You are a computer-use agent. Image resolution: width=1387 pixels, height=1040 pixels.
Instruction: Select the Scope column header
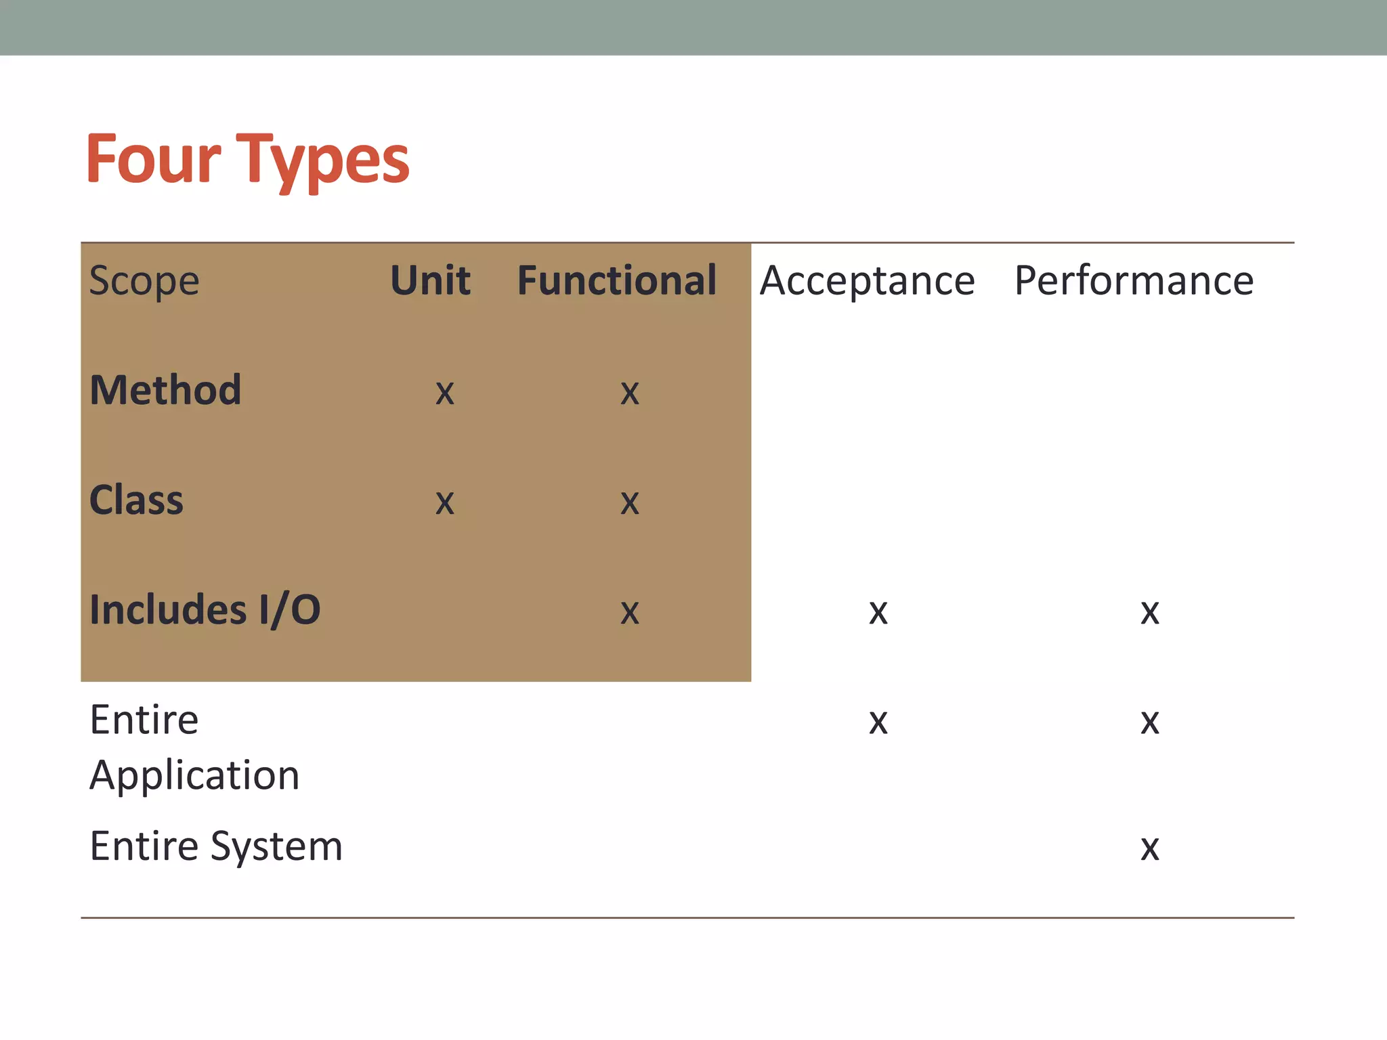click(144, 281)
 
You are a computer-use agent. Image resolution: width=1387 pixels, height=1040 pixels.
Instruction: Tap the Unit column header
click(430, 280)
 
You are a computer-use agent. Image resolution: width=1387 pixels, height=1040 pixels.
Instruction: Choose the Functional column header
click(616, 280)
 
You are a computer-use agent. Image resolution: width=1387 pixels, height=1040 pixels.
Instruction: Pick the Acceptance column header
click(867, 281)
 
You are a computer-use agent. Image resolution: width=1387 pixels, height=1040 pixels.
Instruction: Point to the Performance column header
click(1134, 281)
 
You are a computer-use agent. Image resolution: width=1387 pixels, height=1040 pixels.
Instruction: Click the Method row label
click(165, 391)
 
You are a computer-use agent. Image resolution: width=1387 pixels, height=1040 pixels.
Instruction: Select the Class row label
click(136, 500)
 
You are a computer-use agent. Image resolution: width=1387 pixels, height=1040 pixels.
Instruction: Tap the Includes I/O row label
click(205, 610)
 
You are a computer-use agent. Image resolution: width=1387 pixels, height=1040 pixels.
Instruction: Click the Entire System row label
click(216, 846)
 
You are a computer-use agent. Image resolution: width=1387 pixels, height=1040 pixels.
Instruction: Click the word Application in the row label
click(194, 776)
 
